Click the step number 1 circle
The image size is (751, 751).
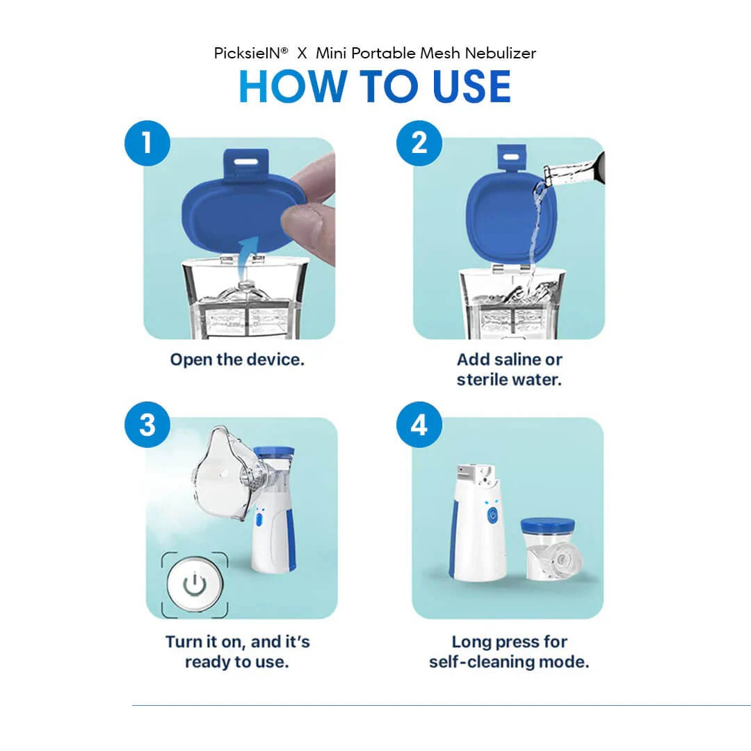(147, 143)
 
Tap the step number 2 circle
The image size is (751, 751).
(419, 143)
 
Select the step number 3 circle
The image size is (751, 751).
(147, 424)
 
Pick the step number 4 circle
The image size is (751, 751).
(419, 424)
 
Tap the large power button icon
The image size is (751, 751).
(194, 585)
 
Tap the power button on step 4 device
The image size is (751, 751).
(492, 515)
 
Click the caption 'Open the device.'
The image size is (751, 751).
(237, 360)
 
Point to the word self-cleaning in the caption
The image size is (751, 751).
(483, 661)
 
